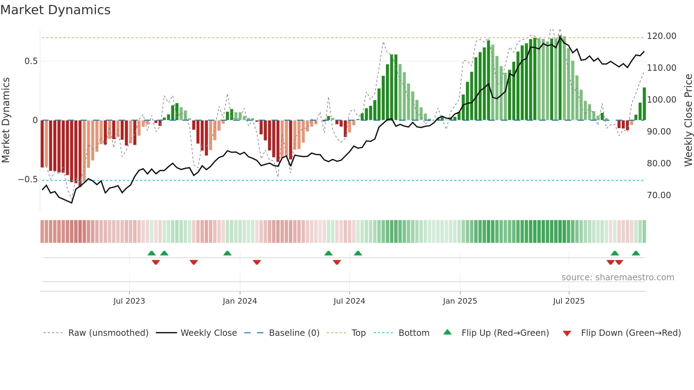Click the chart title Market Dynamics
pyautogui.click(x=55, y=10)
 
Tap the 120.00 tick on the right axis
pyautogui.click(x=661, y=36)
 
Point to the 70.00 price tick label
pyautogui.click(x=659, y=195)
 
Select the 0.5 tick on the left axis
pyautogui.click(x=31, y=61)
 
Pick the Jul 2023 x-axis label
pyautogui.click(x=129, y=301)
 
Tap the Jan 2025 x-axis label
pyautogui.click(x=460, y=301)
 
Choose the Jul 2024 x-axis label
pyautogui.click(x=349, y=301)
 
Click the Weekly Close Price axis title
pyautogui.click(x=688, y=120)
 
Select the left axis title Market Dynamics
pyautogui.click(x=6, y=120)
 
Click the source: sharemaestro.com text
pyautogui.click(x=618, y=277)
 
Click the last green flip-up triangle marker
pyautogui.click(x=636, y=253)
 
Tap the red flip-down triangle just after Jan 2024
pyautogui.click(x=257, y=262)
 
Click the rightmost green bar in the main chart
pyautogui.click(x=644, y=104)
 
